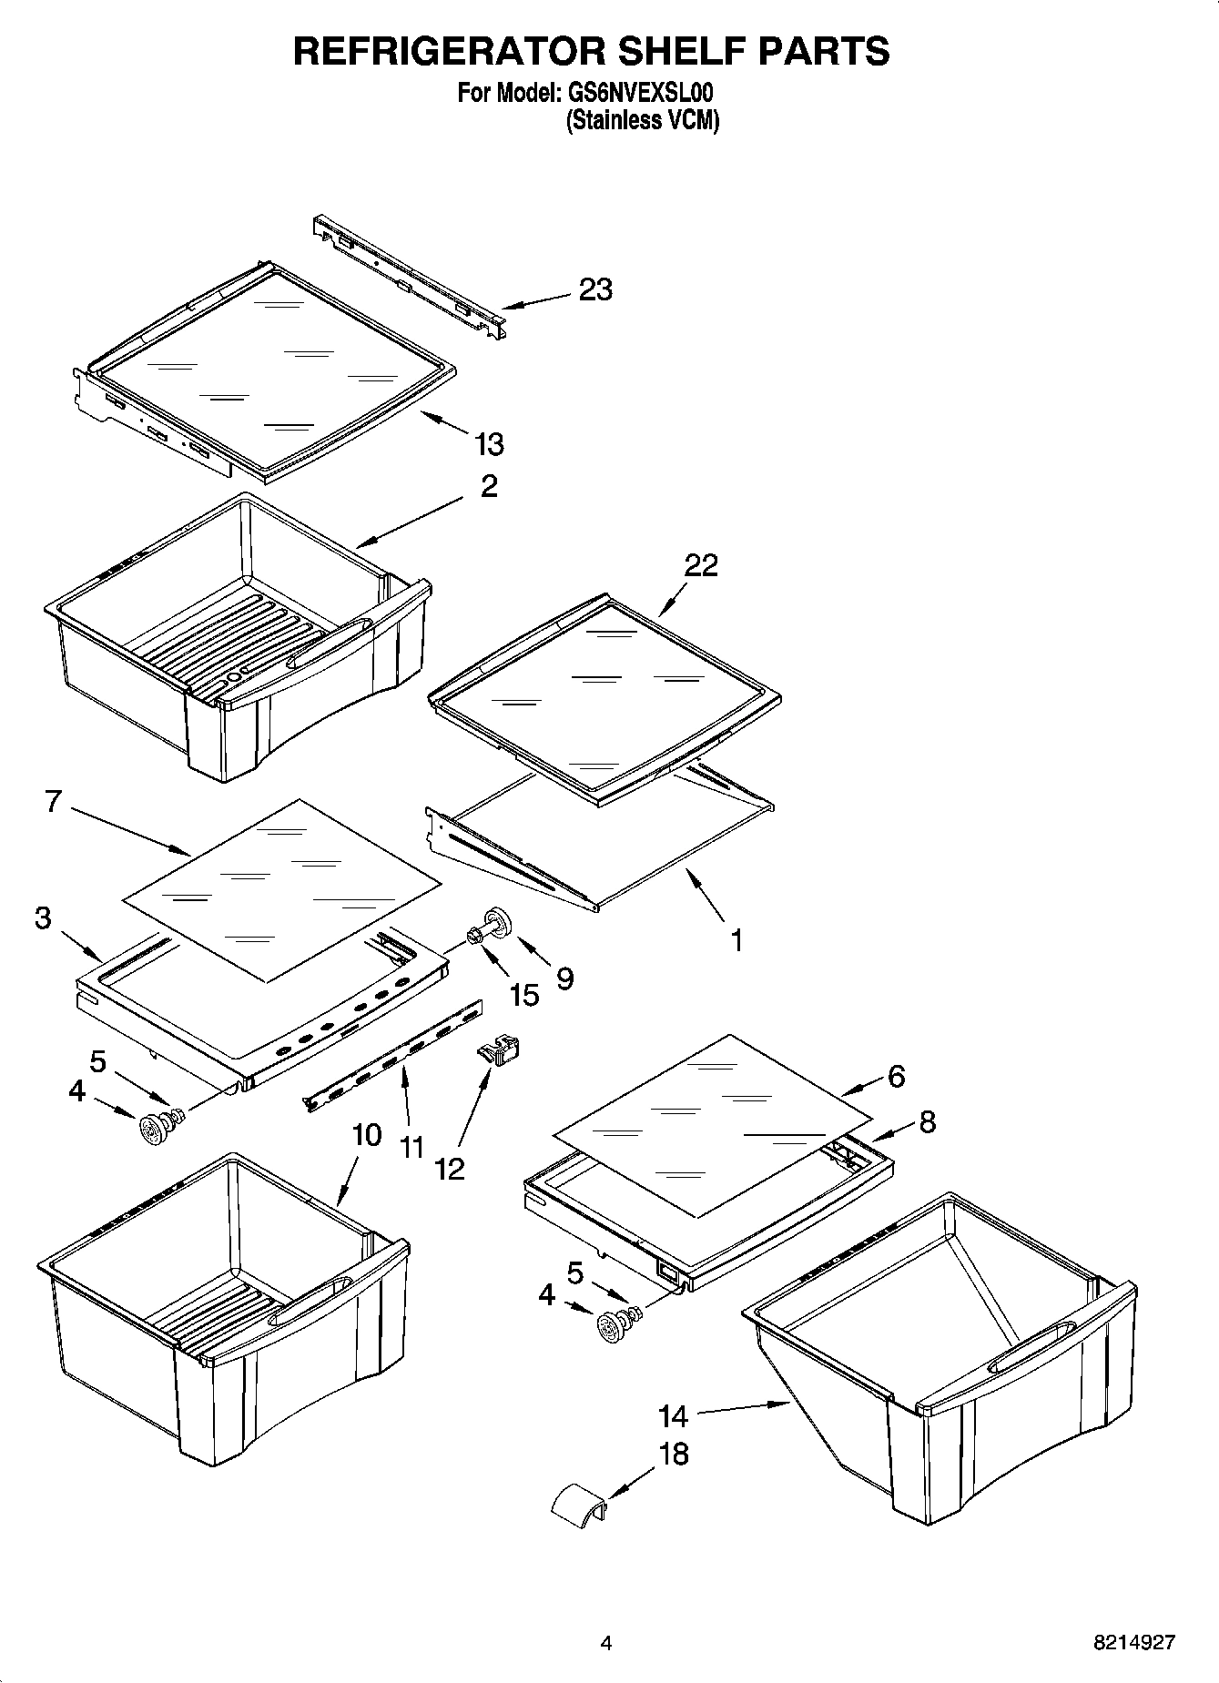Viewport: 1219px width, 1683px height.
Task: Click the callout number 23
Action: (x=595, y=289)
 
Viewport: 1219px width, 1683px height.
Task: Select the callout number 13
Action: (x=489, y=444)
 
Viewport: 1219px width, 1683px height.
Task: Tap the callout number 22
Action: (x=701, y=565)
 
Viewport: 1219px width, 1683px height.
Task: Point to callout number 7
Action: (x=53, y=802)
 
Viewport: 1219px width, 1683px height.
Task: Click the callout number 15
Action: (x=523, y=995)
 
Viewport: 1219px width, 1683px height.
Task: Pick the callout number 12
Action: (x=450, y=1169)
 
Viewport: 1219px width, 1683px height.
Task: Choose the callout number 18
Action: (x=673, y=1454)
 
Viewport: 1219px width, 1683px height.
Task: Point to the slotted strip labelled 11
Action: (x=393, y=1055)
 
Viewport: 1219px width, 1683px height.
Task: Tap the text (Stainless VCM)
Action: (x=642, y=120)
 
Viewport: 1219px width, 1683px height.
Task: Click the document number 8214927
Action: (x=1134, y=1643)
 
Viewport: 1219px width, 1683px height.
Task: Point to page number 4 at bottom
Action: (x=605, y=1643)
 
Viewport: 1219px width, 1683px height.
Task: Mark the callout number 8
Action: (x=927, y=1121)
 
